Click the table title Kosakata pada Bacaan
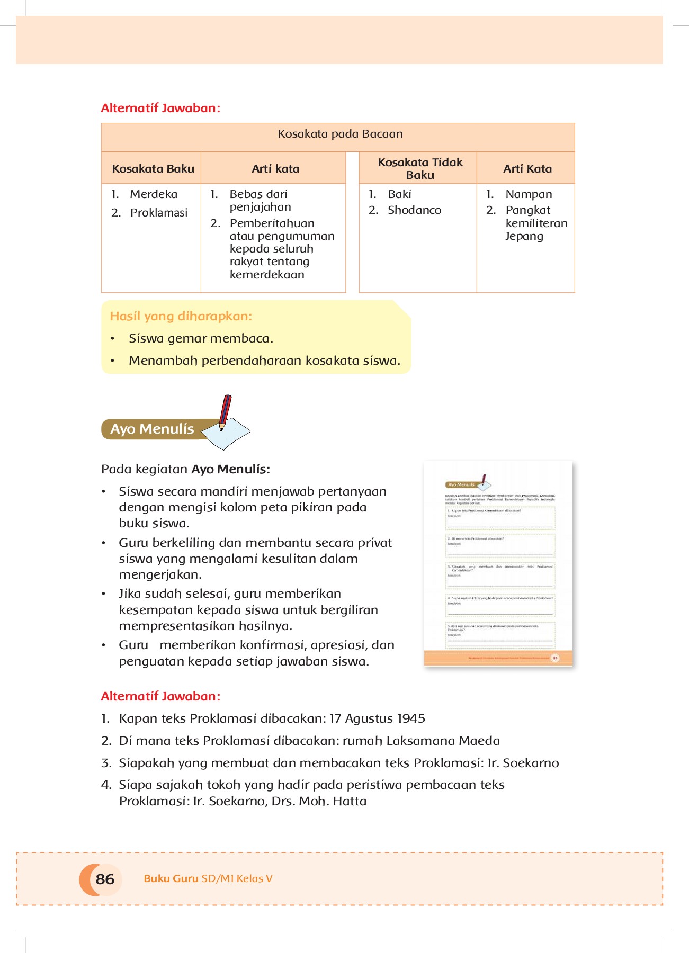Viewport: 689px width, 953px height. click(340, 134)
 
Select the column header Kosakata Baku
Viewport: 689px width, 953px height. click(153, 169)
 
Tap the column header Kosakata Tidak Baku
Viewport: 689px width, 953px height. click(420, 168)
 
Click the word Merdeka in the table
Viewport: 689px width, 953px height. click(154, 194)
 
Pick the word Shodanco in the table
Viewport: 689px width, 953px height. click(414, 210)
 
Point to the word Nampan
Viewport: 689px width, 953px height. click(529, 194)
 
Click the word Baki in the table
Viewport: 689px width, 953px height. click(399, 194)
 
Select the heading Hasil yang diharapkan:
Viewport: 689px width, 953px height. click(181, 316)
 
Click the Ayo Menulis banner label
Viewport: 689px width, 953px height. click(152, 429)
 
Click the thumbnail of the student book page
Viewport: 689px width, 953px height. click(498, 563)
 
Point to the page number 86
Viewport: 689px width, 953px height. click(105, 879)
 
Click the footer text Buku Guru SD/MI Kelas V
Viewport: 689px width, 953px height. click(208, 878)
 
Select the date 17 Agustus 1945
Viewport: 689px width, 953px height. click(377, 718)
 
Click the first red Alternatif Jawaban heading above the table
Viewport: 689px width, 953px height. click(160, 108)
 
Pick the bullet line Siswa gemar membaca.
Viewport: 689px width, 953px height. click(201, 338)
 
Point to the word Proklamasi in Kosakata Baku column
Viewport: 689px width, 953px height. click(159, 213)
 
